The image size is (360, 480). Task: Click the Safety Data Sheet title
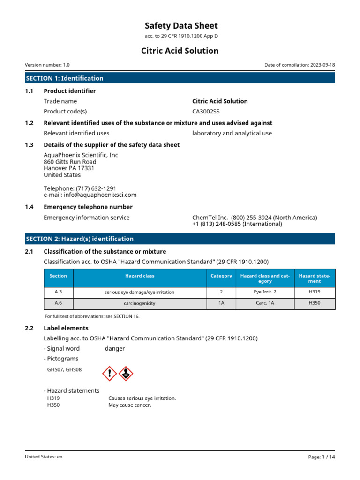point(180,26)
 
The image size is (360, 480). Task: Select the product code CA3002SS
point(206,112)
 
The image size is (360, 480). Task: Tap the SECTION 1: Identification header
point(65,78)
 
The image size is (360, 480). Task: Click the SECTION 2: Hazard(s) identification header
point(80,239)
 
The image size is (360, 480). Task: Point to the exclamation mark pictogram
point(109,373)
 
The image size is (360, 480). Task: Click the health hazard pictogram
point(126,373)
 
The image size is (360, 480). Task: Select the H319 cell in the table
point(315,292)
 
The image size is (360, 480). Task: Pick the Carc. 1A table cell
point(265,303)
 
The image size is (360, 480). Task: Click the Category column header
point(221,276)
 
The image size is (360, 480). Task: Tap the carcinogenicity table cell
point(139,303)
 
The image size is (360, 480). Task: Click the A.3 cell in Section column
point(58,292)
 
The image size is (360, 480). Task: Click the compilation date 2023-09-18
point(322,65)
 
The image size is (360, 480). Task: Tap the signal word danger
point(115,348)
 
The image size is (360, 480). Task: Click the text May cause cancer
point(130,405)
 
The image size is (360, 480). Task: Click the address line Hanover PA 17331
point(69,168)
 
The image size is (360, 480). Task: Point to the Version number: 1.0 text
point(47,65)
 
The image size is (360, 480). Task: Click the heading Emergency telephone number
point(88,207)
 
